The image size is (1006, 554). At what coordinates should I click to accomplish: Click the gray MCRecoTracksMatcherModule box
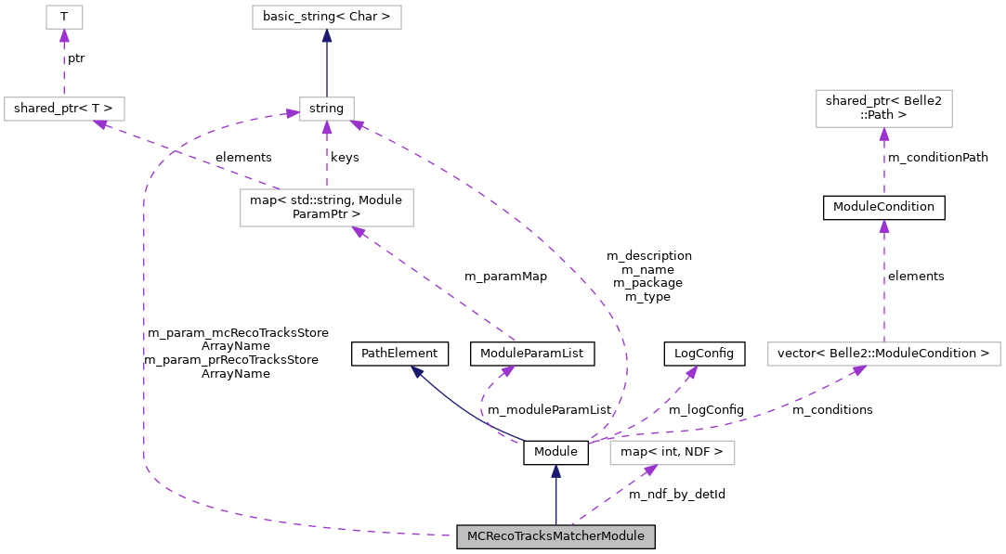(x=555, y=536)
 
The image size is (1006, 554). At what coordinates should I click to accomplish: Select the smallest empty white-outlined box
(x=64, y=17)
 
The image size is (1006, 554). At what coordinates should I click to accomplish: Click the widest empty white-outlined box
(x=883, y=354)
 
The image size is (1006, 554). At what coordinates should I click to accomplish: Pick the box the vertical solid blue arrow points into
(x=326, y=17)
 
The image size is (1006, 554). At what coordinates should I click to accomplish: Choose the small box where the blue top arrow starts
(x=326, y=109)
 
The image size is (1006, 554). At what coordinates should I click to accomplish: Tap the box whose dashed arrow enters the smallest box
(x=64, y=109)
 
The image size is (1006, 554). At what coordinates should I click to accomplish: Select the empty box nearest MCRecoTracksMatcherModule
(x=672, y=453)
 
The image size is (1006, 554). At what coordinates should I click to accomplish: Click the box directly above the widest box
(x=883, y=109)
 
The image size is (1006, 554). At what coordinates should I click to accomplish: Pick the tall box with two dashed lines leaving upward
(x=326, y=207)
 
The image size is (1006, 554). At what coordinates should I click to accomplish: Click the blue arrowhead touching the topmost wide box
(x=326, y=35)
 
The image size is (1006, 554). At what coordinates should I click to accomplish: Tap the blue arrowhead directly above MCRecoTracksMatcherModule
(x=555, y=470)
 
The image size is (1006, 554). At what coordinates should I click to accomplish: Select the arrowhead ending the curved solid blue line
(x=417, y=371)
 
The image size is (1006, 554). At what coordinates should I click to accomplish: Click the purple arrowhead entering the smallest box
(x=64, y=35)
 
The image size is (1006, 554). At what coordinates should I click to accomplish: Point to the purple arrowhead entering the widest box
(x=859, y=370)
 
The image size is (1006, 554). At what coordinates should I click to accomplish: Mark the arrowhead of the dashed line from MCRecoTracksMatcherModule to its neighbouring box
(x=649, y=470)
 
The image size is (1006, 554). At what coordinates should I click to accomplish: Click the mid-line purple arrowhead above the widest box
(x=883, y=225)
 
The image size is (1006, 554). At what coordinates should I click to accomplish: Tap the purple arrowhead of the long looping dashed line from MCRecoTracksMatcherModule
(x=292, y=113)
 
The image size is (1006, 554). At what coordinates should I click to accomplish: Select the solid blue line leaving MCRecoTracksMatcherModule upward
(x=555, y=501)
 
